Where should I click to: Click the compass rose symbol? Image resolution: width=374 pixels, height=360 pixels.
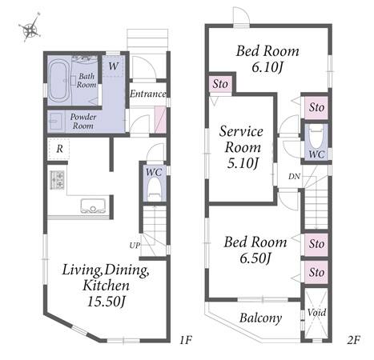(30, 29)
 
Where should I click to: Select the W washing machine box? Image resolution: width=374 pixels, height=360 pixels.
(113, 66)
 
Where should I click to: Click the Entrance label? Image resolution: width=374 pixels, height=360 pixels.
(148, 94)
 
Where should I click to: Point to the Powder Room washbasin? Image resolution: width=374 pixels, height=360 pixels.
(56, 122)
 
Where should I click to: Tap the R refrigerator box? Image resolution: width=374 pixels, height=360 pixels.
(59, 149)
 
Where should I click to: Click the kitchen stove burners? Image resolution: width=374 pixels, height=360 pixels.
(57, 180)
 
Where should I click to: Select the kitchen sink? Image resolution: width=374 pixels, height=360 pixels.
(93, 206)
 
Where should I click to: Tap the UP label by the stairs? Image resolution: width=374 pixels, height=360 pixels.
(135, 245)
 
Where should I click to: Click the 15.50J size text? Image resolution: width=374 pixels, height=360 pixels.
(107, 302)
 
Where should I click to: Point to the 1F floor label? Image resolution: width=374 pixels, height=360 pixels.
(186, 340)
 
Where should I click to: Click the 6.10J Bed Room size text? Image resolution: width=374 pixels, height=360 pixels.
(267, 67)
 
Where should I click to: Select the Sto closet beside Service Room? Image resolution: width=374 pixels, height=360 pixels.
(220, 84)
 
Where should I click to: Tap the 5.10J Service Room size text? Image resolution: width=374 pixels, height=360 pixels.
(243, 163)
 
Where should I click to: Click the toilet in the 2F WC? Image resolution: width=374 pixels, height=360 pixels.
(316, 137)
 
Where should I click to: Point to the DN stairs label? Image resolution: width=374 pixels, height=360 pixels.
(294, 176)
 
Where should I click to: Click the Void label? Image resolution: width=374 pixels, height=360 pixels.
(316, 312)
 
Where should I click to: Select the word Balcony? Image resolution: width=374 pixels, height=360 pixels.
(260, 318)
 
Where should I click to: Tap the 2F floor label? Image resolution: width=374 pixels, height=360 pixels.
(354, 340)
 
